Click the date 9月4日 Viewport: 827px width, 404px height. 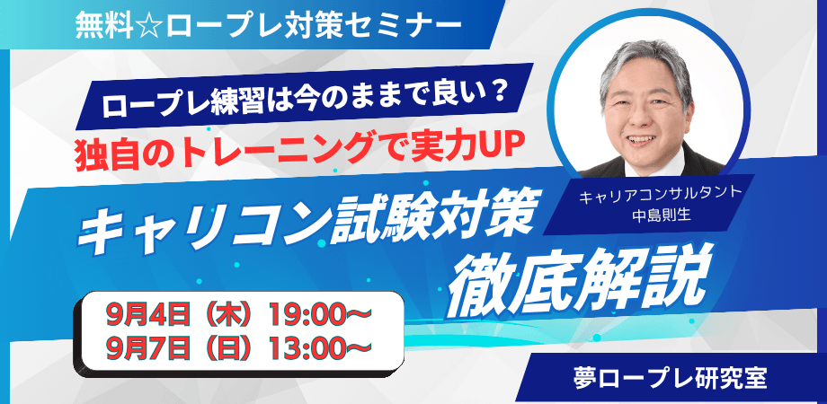tap(147, 316)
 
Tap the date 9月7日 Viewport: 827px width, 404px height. tap(147, 347)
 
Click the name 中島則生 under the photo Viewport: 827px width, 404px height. tap(660, 216)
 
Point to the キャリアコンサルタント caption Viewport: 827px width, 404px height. tap(660, 198)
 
